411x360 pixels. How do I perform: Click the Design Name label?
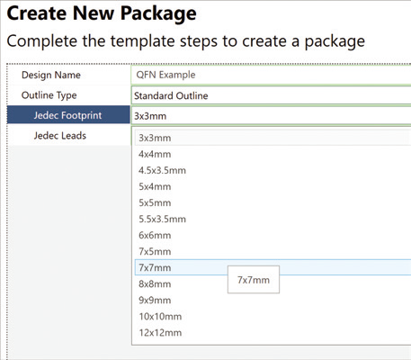point(51,75)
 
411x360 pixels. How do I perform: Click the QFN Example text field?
point(271,75)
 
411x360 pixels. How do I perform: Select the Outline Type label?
point(49,95)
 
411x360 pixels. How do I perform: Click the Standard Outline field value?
point(171,95)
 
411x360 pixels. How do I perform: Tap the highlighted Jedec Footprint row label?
point(67,115)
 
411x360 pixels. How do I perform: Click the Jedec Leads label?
point(60,136)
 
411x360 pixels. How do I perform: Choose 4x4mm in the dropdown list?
point(155,154)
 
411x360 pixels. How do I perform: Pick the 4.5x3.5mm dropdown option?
point(162,170)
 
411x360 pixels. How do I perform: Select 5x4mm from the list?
point(155,186)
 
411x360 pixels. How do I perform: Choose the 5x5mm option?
point(155,202)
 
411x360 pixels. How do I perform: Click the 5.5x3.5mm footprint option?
point(162,219)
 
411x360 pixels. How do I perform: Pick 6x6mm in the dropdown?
point(155,235)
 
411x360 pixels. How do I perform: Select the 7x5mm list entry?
point(155,251)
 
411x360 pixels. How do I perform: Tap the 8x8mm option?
point(155,283)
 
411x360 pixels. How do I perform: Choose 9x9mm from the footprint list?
point(155,300)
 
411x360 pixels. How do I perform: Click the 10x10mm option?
point(160,316)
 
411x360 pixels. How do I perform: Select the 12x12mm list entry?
point(160,332)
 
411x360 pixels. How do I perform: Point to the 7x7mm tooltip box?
point(254,280)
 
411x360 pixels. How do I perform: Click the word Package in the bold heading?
point(158,13)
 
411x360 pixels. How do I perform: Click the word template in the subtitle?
point(143,41)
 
